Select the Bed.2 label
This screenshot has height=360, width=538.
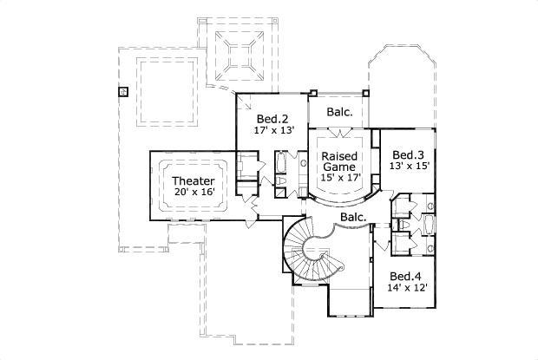272,119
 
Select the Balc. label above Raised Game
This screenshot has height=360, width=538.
340,112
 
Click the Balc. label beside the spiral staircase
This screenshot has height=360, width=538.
352,218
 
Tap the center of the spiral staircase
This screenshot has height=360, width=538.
323,252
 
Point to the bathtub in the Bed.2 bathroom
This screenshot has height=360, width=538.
282,164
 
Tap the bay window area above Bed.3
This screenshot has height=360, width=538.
405,82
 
